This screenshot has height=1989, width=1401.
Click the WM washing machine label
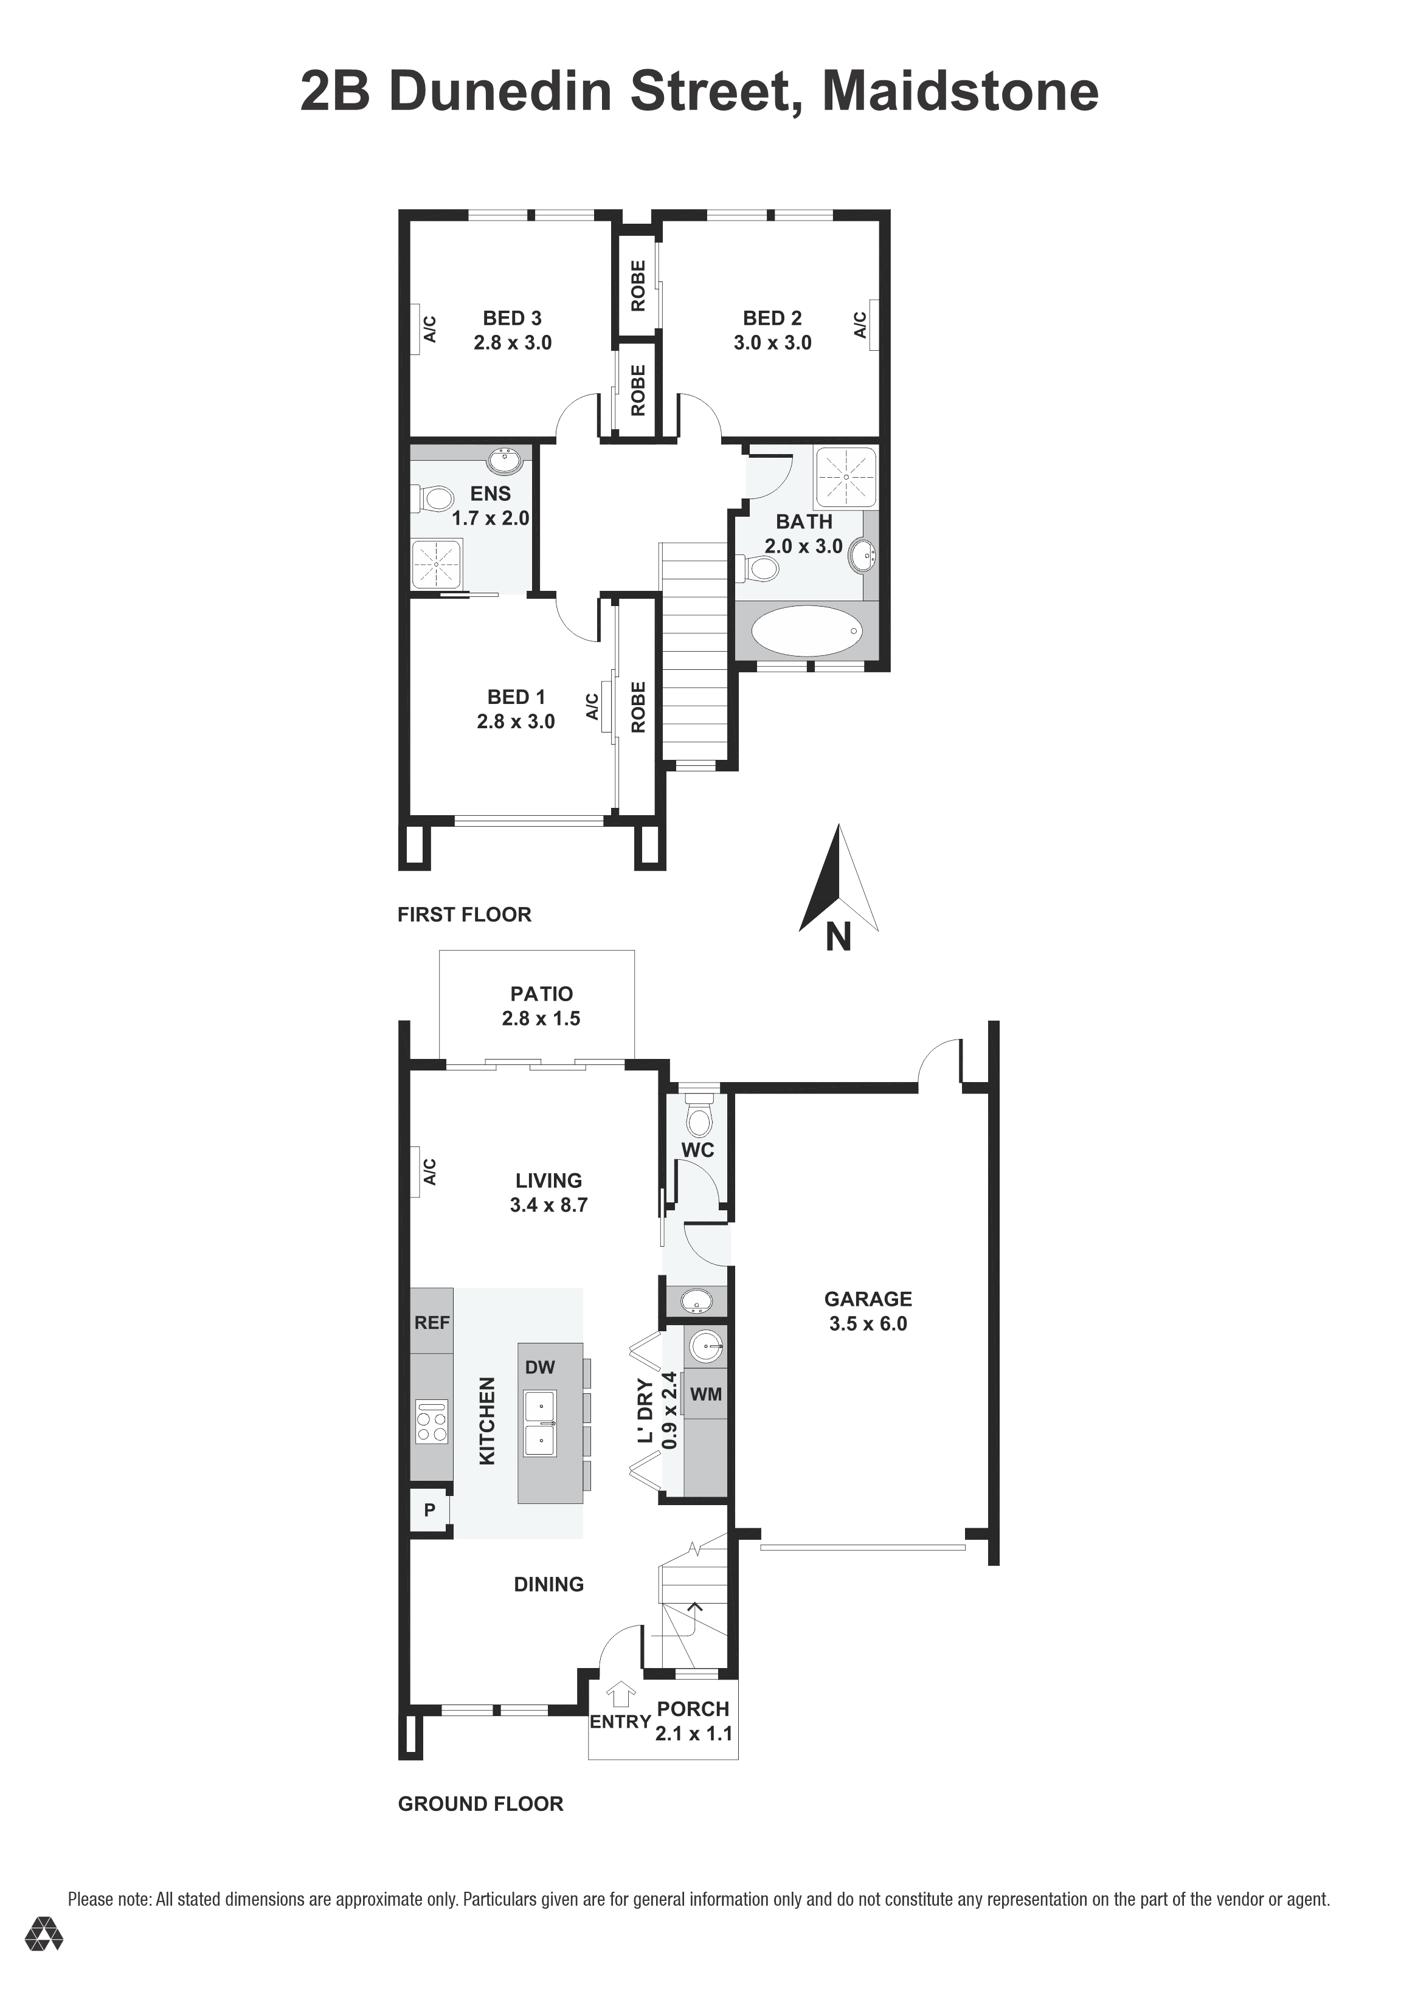pos(705,1394)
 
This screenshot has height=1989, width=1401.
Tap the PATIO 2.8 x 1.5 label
pos(541,1006)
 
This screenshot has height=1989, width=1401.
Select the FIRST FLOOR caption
pos(465,915)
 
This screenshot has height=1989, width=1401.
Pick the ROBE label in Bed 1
pos(638,707)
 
